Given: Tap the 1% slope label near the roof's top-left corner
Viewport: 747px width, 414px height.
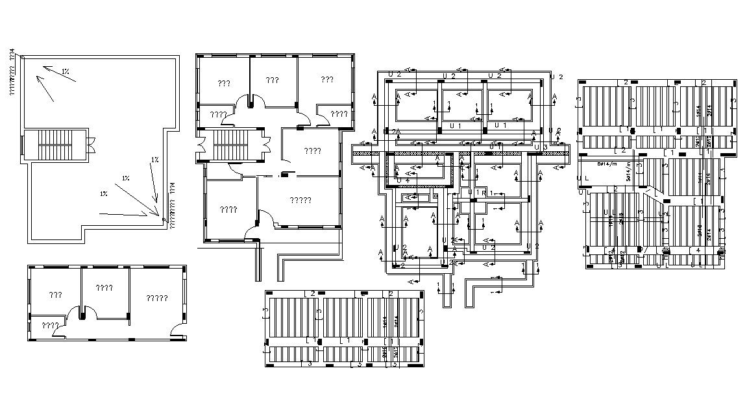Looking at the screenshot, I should tap(66, 71).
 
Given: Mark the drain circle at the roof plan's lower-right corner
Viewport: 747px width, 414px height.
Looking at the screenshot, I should tap(162, 221).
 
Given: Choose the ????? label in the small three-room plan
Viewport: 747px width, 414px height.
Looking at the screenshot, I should tap(156, 298).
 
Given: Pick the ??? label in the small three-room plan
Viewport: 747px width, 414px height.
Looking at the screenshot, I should tap(55, 295).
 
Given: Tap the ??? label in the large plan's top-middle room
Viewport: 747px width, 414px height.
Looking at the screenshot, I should tap(272, 80).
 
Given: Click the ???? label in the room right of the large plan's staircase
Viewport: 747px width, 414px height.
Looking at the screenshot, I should tap(312, 151).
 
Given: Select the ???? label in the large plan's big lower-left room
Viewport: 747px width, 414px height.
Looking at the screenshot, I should tap(228, 210).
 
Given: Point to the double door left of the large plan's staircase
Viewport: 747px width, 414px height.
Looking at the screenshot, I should tap(202, 147).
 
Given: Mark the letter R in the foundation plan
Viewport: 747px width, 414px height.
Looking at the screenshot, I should tap(484, 193).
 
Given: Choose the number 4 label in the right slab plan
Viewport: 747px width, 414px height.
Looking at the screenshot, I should tap(698, 250).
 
